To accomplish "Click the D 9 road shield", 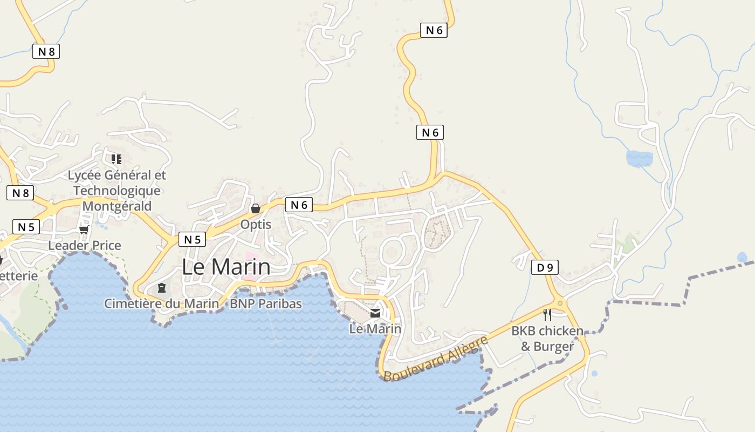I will click(x=544, y=267).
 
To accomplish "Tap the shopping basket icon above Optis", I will click(x=256, y=208).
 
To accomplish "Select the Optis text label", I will click(x=256, y=224).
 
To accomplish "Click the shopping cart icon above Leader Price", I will click(x=84, y=230).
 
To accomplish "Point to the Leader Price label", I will click(x=85, y=246).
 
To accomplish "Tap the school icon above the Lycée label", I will click(x=116, y=159).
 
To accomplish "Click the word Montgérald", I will click(x=117, y=206).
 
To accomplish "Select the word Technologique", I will click(x=117, y=191).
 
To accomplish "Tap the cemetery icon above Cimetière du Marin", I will click(x=161, y=288).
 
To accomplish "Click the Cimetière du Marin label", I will click(x=162, y=303).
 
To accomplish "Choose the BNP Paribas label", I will click(x=266, y=303).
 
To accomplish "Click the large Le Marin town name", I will click(x=226, y=267).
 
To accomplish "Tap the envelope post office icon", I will click(x=375, y=313).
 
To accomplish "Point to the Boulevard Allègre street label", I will click(x=436, y=357).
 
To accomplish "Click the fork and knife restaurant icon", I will click(x=547, y=315).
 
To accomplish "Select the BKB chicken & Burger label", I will click(x=547, y=338).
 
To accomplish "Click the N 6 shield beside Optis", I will click(x=299, y=205).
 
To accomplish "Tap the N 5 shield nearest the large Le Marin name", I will click(x=192, y=239).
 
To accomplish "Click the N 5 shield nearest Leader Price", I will click(x=25, y=227).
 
